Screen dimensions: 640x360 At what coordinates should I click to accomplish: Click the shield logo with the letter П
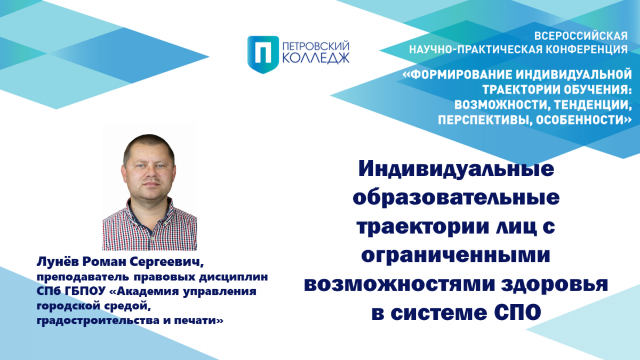click(x=263, y=54)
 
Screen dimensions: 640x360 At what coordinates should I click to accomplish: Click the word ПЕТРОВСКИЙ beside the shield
click(x=316, y=46)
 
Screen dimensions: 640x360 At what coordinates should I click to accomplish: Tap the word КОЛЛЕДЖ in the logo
click(x=316, y=58)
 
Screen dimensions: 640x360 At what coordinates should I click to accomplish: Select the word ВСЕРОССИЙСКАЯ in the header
click(x=581, y=36)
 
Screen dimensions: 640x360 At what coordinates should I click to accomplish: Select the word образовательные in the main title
click(x=457, y=197)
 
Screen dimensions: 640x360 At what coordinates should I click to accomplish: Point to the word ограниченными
click(x=455, y=255)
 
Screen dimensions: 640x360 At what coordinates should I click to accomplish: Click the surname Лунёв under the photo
click(x=58, y=262)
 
